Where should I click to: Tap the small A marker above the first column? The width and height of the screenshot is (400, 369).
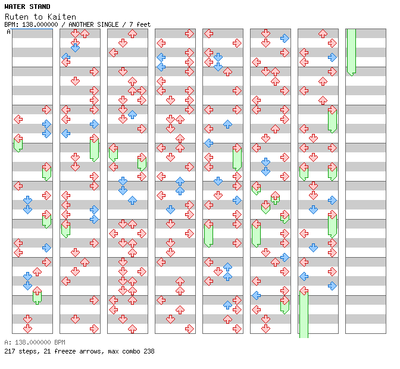click(x=9, y=32)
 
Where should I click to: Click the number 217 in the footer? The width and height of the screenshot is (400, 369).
click(x=10, y=351)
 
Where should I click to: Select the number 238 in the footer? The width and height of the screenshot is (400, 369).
click(x=148, y=351)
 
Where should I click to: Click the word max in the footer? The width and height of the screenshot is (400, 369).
click(x=109, y=351)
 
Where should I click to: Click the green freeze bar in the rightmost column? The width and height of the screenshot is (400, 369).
click(x=351, y=51)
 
